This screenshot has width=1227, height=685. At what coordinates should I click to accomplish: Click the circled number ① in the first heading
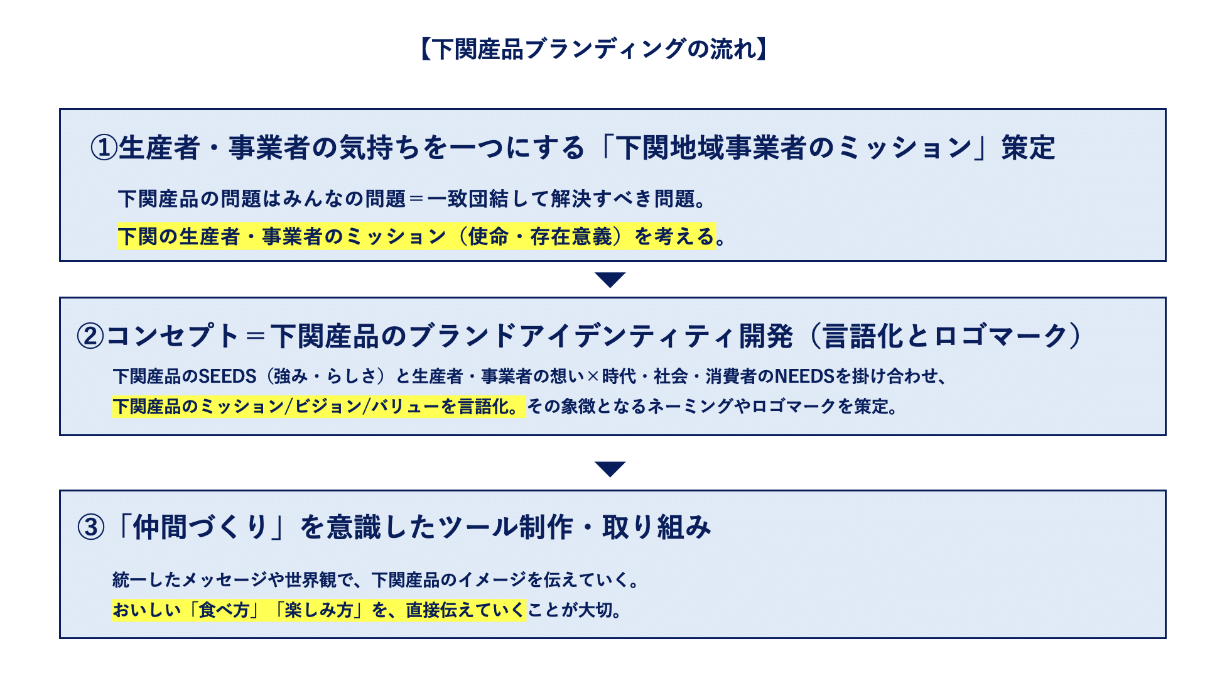[x=104, y=148]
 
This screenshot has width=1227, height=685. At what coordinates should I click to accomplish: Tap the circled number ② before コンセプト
[x=90, y=336]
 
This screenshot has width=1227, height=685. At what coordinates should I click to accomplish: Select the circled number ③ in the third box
[x=90, y=527]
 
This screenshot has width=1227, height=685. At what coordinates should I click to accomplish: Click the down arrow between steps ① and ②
[x=610, y=280]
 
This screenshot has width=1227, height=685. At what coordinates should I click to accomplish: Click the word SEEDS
[x=228, y=376]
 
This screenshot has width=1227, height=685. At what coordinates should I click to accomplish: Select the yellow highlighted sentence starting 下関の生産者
[x=416, y=236]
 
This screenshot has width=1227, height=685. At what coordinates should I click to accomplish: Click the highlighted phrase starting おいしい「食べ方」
[x=318, y=610]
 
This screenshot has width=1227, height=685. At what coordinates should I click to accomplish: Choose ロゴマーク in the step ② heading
[x=1001, y=336]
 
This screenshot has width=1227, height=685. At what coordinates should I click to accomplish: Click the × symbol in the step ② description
[x=593, y=376]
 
